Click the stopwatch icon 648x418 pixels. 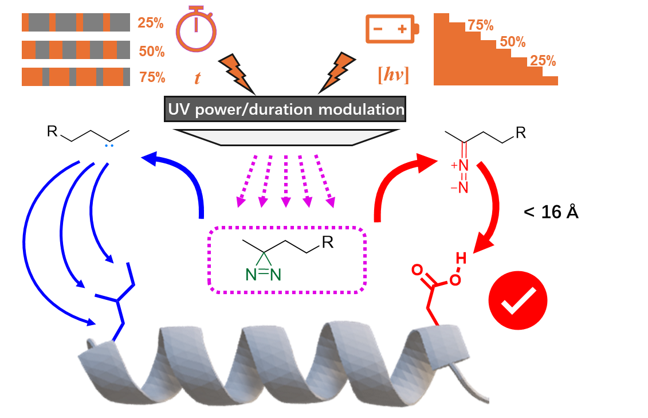[x=197, y=30]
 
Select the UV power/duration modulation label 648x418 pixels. [x=285, y=109]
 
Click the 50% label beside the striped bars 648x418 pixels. [x=152, y=52]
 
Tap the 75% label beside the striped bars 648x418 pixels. [x=152, y=77]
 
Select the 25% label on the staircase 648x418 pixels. [x=542, y=61]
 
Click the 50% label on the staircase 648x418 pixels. [x=512, y=42]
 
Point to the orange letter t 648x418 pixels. [x=198, y=78]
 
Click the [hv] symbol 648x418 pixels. [x=394, y=75]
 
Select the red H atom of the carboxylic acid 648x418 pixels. [x=461, y=259]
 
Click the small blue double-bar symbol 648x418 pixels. [x=109, y=150]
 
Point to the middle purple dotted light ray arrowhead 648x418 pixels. [x=285, y=201]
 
